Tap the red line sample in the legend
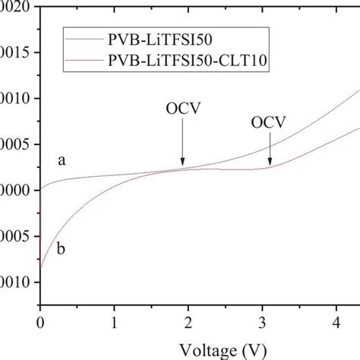click(87, 60)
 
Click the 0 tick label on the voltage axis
click(40, 321)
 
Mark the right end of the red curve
click(358, 128)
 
